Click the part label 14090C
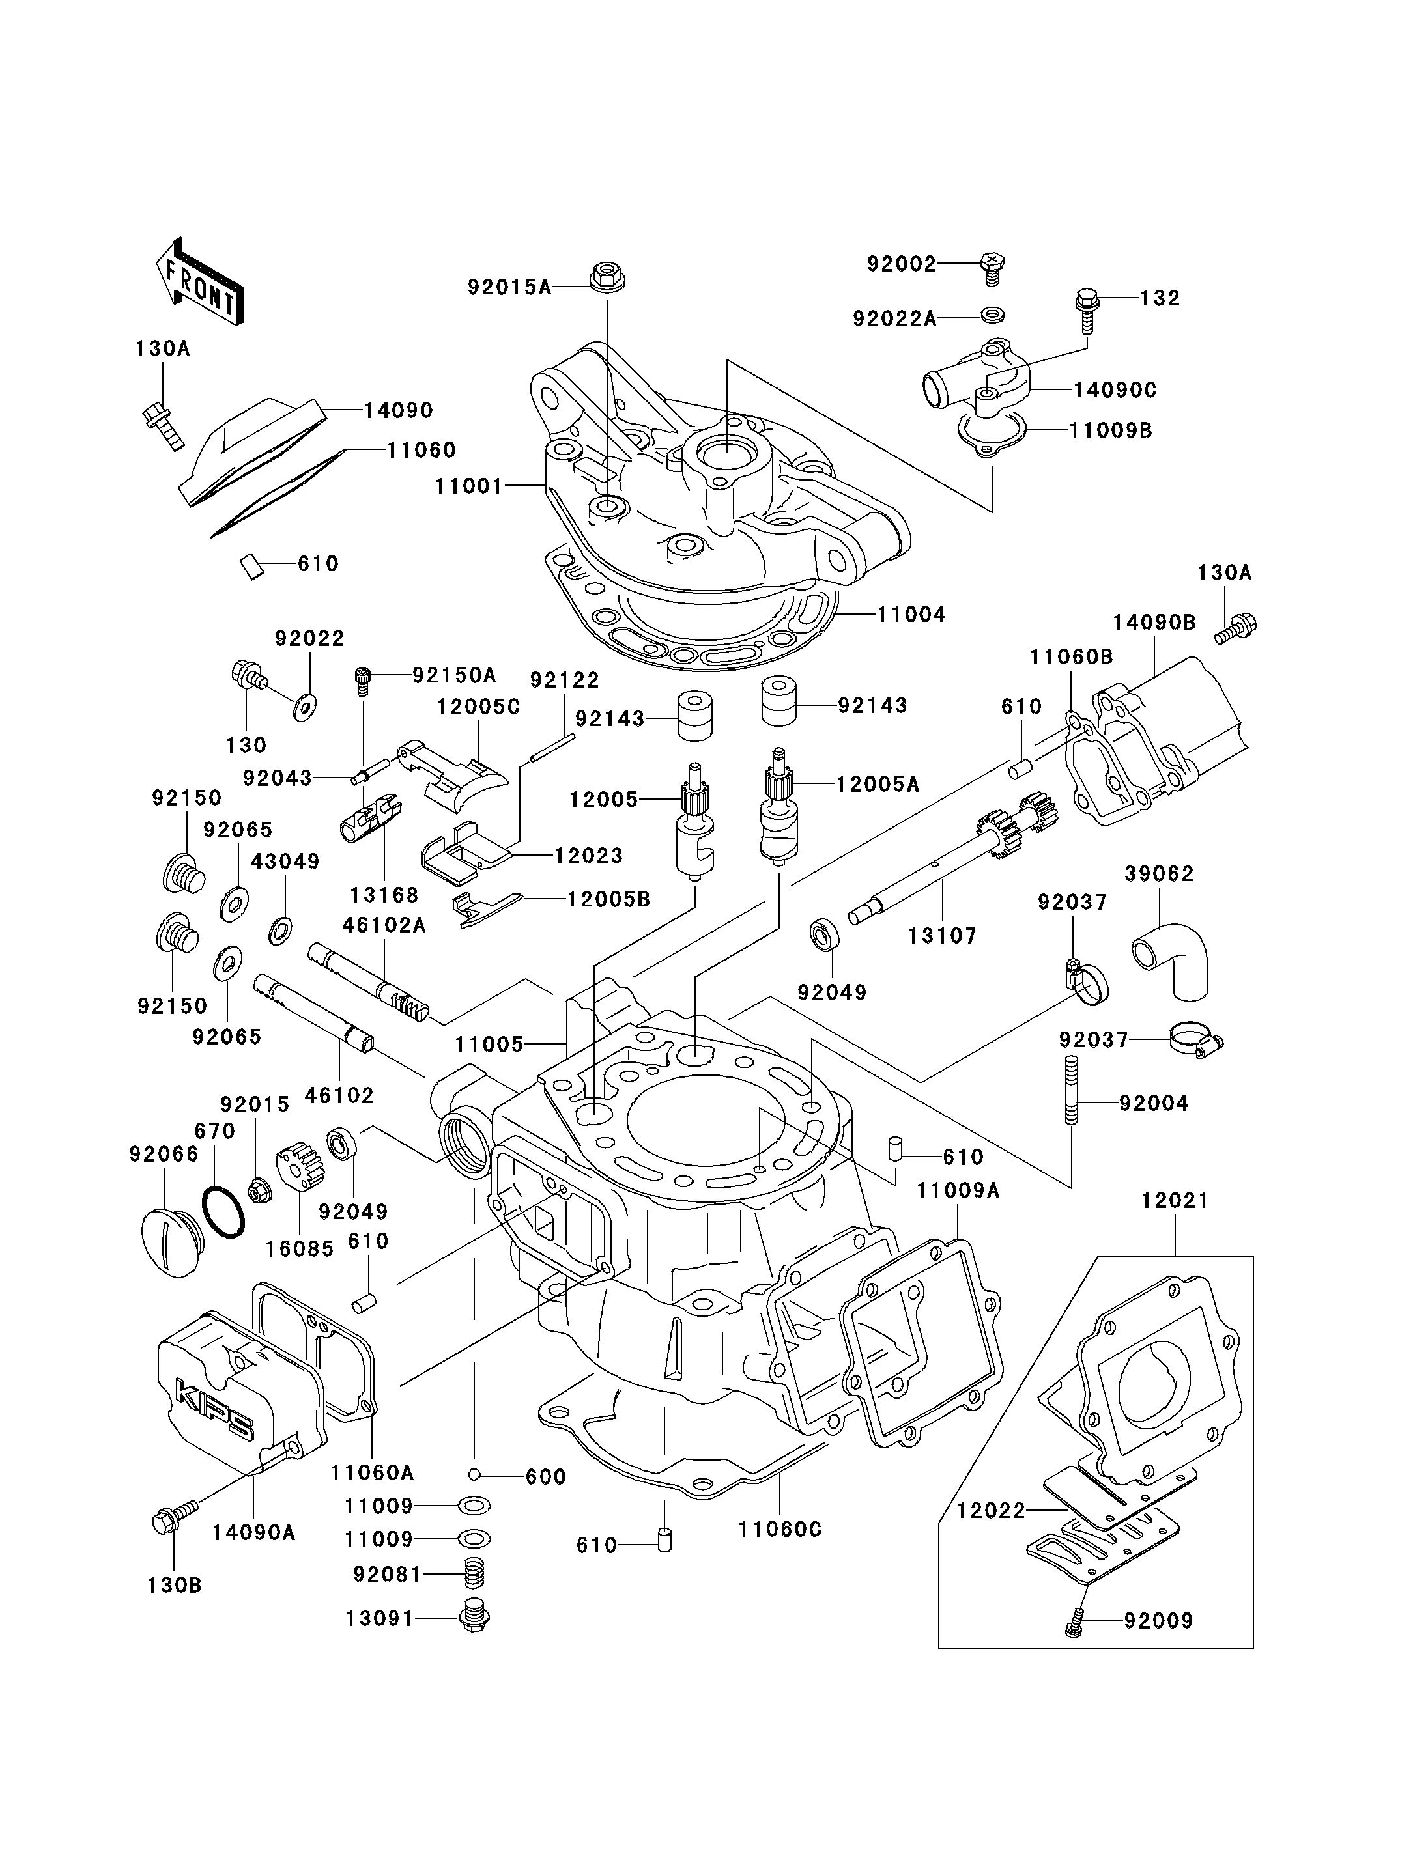pos(1115,390)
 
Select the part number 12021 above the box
pos(1174,1201)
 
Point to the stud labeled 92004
pos(1071,1090)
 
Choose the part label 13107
pos(942,936)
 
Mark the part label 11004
pos(911,614)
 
